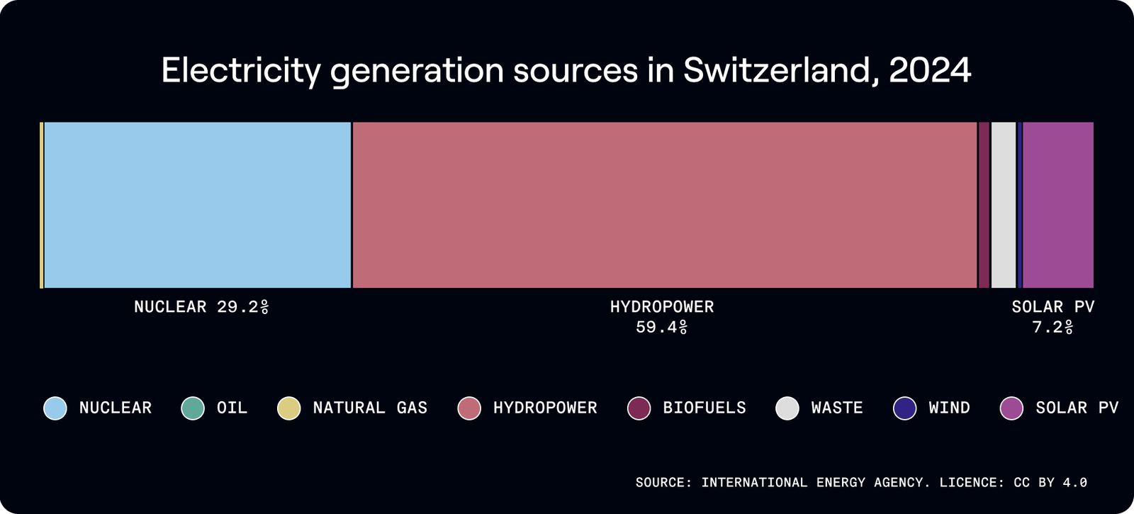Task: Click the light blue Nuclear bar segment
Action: tap(197, 205)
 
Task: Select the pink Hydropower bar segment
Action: tap(664, 205)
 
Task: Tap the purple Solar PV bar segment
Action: tap(1057, 205)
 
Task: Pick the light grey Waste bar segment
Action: tap(1003, 205)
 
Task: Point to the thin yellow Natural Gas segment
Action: tap(42, 205)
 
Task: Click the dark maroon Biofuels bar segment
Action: tap(984, 205)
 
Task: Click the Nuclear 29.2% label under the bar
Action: tap(201, 307)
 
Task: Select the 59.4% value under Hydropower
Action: tap(661, 328)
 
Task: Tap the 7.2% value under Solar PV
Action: tap(1052, 328)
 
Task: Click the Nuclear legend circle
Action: tap(55, 408)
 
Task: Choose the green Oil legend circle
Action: tap(193, 408)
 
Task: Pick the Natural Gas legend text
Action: tap(370, 408)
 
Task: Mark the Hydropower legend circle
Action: tap(469, 408)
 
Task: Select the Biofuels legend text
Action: tap(704, 408)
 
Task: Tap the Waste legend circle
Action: tap(787, 408)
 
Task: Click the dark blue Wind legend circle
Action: tap(905, 408)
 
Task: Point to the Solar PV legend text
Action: tap(1077, 408)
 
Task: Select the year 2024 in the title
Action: tap(929, 70)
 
